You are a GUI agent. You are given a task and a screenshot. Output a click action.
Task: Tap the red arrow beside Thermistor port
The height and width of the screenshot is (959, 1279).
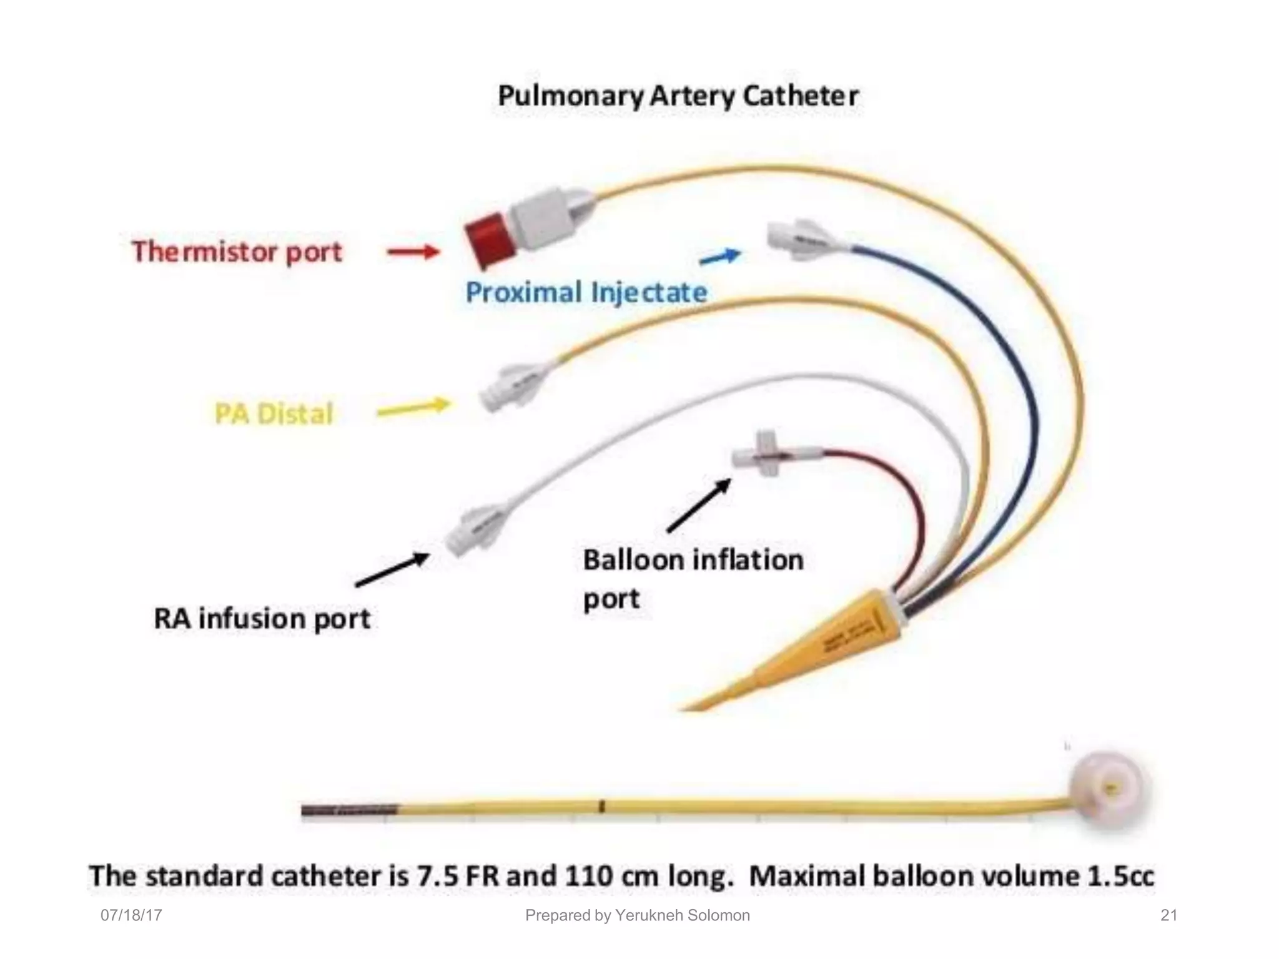[x=413, y=252]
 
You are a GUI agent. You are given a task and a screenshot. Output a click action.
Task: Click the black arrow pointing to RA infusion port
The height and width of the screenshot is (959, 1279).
[x=392, y=569]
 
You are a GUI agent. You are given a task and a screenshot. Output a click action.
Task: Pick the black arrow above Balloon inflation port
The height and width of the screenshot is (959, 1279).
[x=699, y=504]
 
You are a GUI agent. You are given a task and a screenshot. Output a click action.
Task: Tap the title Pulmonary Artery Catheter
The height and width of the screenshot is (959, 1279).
[x=678, y=96]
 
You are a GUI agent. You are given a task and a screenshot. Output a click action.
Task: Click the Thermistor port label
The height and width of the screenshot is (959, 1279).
[x=237, y=252]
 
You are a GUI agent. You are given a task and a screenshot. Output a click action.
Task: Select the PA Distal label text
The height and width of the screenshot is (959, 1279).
[x=274, y=413]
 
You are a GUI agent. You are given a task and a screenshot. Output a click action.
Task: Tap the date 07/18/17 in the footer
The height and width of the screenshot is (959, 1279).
[x=131, y=915]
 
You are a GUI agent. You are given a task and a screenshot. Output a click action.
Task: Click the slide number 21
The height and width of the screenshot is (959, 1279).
[x=1168, y=915]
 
